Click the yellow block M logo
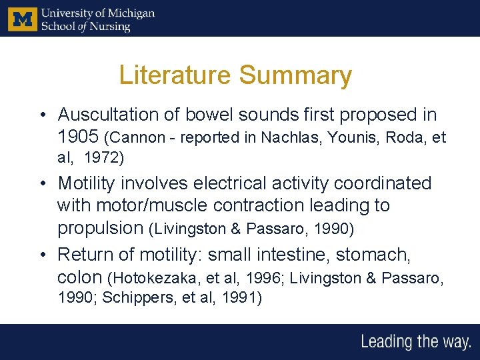(22, 19)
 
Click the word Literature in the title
(175, 75)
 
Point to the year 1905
(79, 137)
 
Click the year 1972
(102, 159)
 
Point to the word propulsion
(101, 228)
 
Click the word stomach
(375, 254)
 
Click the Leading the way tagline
(415, 342)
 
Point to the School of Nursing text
(85, 26)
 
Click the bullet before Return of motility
(42, 254)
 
